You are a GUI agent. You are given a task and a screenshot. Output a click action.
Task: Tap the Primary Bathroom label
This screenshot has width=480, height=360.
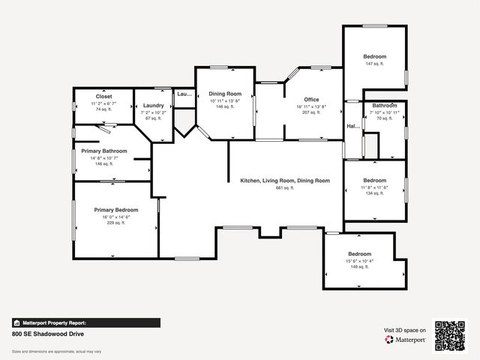coord(104,151)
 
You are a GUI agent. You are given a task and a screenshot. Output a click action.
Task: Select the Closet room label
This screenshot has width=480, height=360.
coord(103,97)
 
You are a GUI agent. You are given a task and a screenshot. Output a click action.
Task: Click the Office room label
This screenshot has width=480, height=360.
coord(311,100)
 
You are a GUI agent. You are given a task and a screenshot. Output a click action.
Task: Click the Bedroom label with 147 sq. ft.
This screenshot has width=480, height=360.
coord(375,57)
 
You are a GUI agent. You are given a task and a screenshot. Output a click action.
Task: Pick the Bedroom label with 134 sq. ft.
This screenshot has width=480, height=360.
coord(374,180)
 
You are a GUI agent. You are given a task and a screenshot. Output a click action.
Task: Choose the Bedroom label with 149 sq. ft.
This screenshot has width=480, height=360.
coord(359,254)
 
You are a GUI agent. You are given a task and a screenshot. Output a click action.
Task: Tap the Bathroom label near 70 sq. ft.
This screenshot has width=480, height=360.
coord(385,106)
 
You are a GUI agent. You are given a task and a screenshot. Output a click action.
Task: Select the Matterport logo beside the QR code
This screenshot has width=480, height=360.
coord(406,340)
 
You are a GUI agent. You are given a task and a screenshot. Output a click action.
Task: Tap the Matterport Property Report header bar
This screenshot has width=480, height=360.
coord(85,322)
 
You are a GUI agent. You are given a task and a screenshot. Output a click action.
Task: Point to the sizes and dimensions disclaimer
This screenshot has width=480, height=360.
coord(56,351)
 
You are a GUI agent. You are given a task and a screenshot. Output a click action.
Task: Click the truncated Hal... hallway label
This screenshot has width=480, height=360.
coord(350,127)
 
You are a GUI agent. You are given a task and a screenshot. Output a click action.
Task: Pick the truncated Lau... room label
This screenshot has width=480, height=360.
coord(184,94)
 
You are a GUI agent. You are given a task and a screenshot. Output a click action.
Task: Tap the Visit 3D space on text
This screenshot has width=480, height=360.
coord(405,330)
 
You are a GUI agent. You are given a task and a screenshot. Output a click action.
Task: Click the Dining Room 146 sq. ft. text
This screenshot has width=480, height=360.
coord(226,107)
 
